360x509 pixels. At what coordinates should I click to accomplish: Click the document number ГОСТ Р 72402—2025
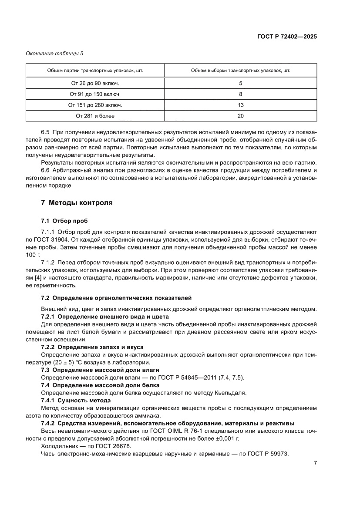286,37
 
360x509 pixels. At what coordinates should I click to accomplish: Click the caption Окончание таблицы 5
54,54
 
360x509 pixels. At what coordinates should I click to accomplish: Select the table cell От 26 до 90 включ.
95,83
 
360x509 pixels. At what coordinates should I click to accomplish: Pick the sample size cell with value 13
241,105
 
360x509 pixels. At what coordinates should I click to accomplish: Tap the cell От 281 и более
95,116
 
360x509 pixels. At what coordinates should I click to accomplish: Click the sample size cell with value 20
241,116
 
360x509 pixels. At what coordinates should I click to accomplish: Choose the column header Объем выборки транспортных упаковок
241,70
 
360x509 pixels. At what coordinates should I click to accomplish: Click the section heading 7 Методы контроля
77,203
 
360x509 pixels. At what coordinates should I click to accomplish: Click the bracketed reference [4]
44,278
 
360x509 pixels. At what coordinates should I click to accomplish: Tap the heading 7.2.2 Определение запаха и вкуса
92,347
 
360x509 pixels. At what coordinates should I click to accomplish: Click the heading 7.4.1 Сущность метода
75,400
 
